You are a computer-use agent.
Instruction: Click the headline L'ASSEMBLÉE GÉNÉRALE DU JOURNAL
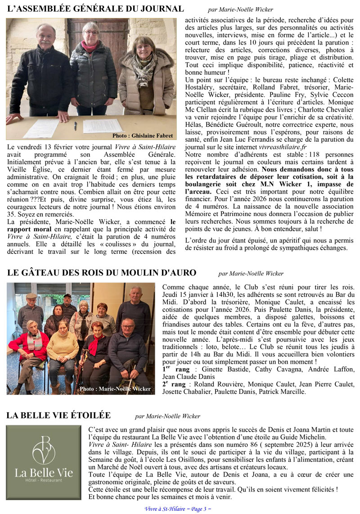tap(95, 9)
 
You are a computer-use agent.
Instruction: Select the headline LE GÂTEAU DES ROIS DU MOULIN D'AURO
tap(101, 273)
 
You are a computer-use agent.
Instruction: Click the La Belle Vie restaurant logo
tap(44, 462)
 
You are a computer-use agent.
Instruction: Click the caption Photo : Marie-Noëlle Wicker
tap(115, 389)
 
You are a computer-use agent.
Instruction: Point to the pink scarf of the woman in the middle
tap(90, 46)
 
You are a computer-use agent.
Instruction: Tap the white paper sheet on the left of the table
tap(41, 128)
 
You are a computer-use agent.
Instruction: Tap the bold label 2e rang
tap(173, 384)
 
